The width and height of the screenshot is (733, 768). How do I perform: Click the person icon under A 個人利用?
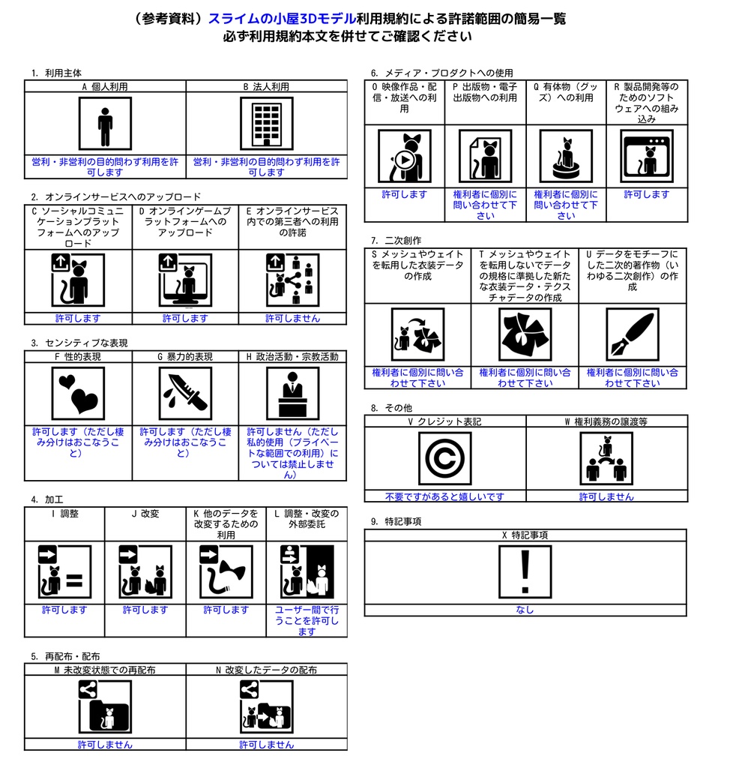coord(105,124)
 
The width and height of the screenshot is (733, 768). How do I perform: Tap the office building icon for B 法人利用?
coord(267,124)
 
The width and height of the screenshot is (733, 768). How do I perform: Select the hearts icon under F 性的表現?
coord(78,393)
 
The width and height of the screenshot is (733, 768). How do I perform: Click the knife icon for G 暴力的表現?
coord(185,393)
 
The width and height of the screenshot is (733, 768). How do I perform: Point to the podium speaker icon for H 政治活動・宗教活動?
coord(292,393)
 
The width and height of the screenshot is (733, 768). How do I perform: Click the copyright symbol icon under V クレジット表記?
coord(444,458)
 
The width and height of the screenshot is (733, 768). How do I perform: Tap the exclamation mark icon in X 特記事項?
coord(525,571)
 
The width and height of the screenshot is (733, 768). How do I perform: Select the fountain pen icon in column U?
coord(633,334)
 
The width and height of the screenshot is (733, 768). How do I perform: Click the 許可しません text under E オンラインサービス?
coord(292,318)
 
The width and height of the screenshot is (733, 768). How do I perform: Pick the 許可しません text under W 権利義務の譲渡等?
coord(606,496)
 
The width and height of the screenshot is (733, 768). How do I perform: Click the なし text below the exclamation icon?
coord(525,610)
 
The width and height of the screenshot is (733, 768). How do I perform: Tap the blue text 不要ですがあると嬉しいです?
coord(444,496)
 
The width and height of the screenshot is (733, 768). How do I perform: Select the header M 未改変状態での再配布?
coord(105,670)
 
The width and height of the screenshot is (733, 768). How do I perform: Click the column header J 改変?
coord(145,513)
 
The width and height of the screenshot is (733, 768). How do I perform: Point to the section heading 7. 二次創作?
coord(396,241)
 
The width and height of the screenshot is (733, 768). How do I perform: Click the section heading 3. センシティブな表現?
coord(79,343)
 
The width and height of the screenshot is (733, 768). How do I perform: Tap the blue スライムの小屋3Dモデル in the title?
coord(283,19)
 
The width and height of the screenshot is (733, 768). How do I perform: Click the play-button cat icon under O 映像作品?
coord(405,156)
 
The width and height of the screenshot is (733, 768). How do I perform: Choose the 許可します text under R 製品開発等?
coord(646,194)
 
